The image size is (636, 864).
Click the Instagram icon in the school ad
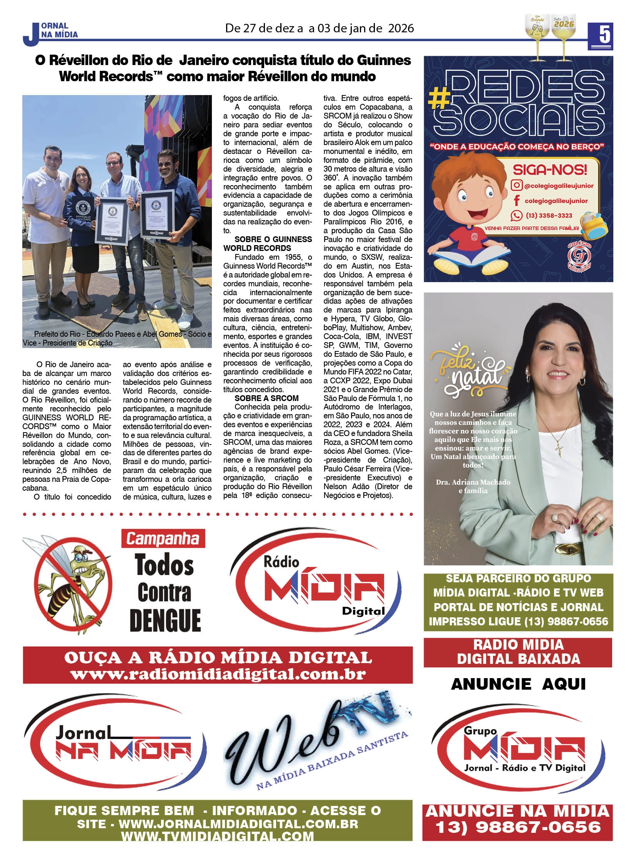[x=516, y=186]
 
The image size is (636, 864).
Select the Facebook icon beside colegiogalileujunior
[x=516, y=201]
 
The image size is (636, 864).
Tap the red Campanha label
[x=163, y=539]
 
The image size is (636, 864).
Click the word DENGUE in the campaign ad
[x=165, y=620]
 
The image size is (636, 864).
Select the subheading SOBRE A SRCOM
[x=266, y=398]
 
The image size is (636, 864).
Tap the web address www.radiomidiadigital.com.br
[x=218, y=674]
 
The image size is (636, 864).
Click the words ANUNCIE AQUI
[x=518, y=684]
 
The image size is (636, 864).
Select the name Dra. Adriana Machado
[x=473, y=482]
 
